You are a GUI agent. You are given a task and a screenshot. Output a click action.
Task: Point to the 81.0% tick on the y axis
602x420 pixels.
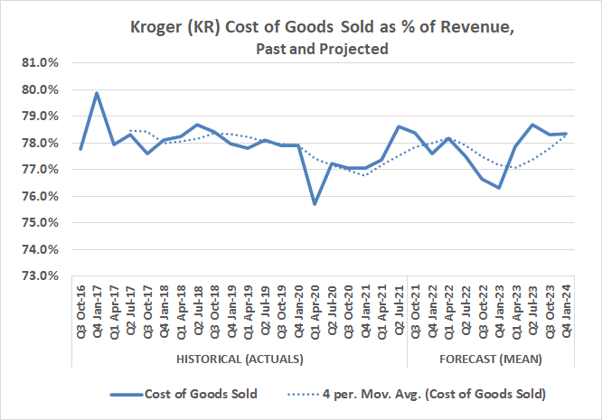pyautogui.click(x=40, y=63)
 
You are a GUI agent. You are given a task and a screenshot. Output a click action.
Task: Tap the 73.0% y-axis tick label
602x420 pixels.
pyautogui.click(x=40, y=275)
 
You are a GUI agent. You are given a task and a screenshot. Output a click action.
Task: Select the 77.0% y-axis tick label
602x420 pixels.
pyautogui.click(x=40, y=170)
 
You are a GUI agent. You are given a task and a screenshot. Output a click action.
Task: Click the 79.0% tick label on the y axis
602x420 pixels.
pyautogui.click(x=40, y=117)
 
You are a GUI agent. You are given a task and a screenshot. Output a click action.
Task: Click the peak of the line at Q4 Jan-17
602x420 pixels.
pyautogui.click(x=97, y=93)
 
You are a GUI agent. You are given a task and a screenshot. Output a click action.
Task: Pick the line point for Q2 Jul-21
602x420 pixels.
pyautogui.click(x=399, y=126)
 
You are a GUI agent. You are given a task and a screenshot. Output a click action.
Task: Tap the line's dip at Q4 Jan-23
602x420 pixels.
pyautogui.click(x=499, y=188)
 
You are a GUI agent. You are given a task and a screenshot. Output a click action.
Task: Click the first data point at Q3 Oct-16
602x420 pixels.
pyautogui.click(x=80, y=149)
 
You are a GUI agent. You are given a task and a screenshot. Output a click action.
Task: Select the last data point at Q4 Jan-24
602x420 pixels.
pyautogui.click(x=566, y=134)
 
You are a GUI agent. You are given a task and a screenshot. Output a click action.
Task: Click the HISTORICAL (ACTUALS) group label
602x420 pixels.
pyautogui.click(x=239, y=359)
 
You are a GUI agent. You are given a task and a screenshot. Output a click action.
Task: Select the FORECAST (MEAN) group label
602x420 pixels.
pyautogui.click(x=490, y=359)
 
